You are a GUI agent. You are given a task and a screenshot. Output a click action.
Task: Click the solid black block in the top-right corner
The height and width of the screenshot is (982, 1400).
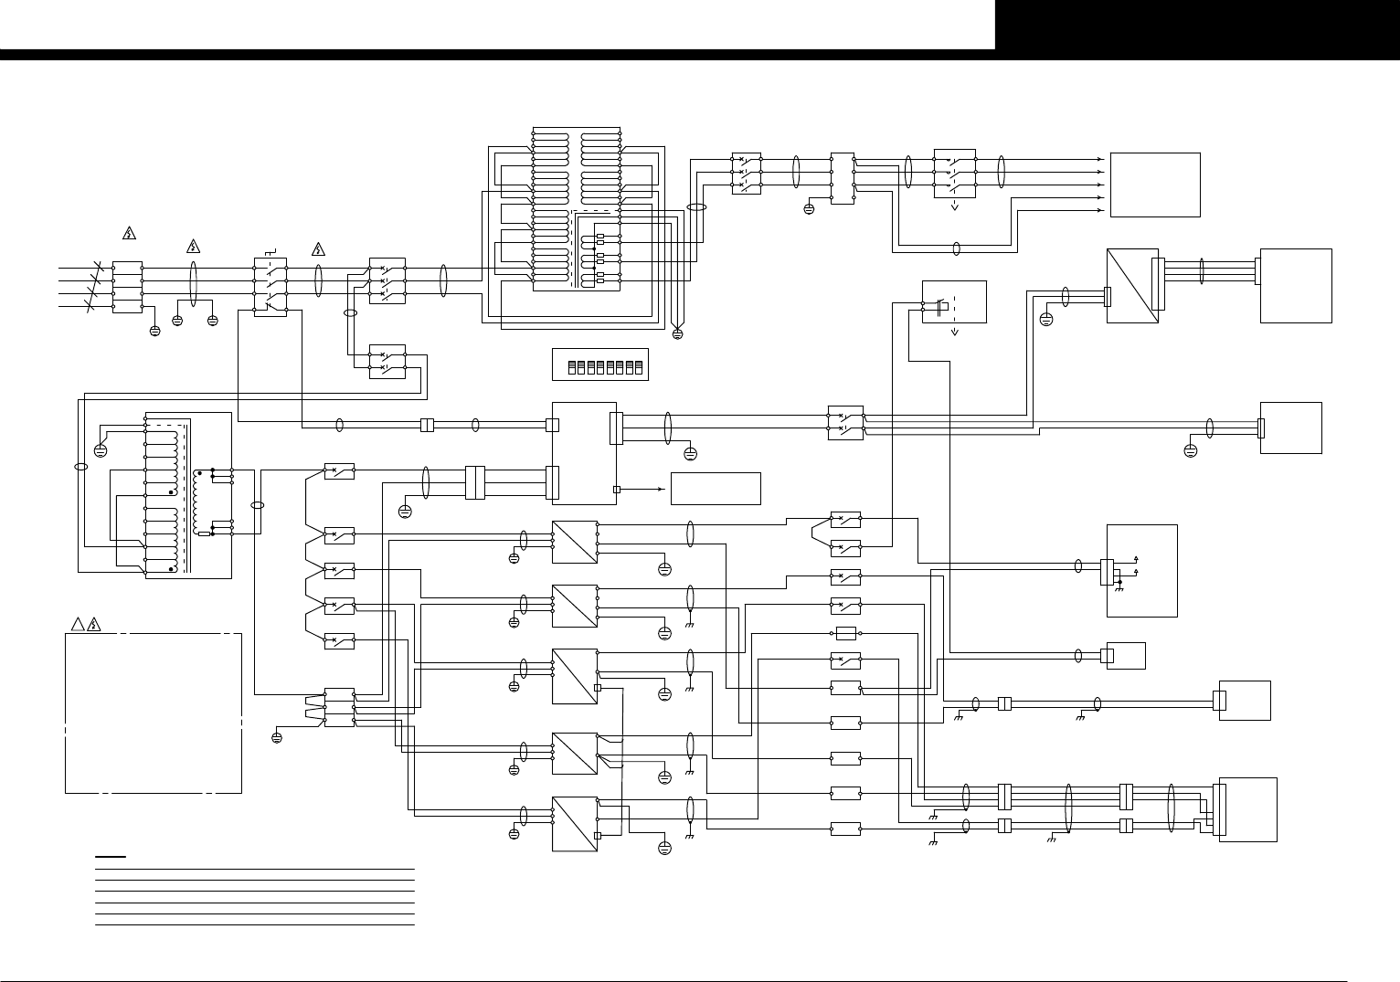(x=1197, y=25)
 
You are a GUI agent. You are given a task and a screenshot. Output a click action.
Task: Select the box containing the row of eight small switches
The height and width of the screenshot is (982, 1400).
(x=599, y=364)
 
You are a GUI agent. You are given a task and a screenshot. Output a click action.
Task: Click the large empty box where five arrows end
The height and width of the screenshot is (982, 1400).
(x=1155, y=185)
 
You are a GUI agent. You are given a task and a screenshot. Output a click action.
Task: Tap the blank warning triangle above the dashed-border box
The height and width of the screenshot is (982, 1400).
(x=78, y=625)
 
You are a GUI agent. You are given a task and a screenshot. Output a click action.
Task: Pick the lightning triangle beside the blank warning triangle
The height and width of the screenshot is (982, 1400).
(x=93, y=625)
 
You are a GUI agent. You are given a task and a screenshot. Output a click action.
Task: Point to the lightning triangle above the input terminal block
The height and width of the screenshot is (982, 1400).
(x=129, y=234)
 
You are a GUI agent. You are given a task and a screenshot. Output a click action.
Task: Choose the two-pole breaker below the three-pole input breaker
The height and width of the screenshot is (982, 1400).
(x=387, y=363)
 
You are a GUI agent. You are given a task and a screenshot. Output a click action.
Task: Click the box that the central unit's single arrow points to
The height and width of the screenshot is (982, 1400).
(x=716, y=489)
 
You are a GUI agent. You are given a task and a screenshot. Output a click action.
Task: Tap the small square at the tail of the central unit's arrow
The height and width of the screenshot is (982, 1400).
(x=616, y=490)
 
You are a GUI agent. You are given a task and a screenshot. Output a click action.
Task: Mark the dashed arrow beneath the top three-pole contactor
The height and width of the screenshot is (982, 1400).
(x=955, y=206)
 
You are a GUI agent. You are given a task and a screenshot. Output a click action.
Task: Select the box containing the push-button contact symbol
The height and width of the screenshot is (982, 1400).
(x=954, y=301)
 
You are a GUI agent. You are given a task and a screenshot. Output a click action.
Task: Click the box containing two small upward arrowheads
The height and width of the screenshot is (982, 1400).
(x=1141, y=570)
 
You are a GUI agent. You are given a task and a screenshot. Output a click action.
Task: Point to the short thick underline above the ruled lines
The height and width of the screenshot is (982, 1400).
(x=111, y=857)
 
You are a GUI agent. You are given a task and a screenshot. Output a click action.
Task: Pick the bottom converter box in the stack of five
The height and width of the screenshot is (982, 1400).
(x=575, y=823)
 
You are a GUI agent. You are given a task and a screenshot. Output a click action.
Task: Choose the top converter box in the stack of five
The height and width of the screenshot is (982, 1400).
(x=575, y=542)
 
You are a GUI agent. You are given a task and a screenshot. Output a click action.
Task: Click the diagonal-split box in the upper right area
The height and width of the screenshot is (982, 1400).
(x=1132, y=286)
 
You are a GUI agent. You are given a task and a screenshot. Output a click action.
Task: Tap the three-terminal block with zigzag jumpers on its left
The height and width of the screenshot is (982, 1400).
(x=339, y=708)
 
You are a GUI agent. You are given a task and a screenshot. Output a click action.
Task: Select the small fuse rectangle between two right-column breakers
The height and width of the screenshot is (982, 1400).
(x=845, y=633)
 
